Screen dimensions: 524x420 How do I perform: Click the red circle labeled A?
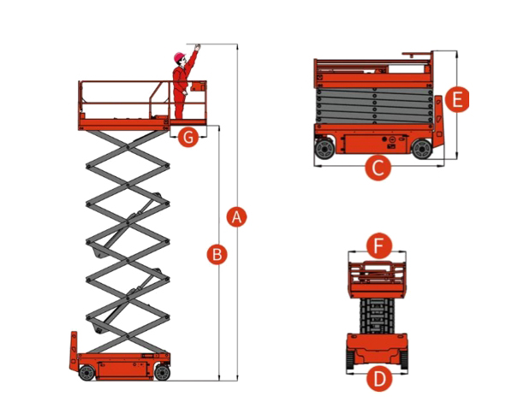(236, 217)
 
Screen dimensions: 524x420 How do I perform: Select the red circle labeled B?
(217, 254)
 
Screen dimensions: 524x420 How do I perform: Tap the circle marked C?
(378, 168)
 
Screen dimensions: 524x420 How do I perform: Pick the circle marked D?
(379, 379)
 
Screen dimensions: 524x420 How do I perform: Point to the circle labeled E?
(457, 99)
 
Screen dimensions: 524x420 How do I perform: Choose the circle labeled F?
(378, 245)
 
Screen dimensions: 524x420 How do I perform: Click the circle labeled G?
(188, 137)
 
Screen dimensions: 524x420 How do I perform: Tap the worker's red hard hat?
(179, 56)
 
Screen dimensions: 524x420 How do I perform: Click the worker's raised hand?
(198, 47)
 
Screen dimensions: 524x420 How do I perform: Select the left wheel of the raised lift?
(86, 373)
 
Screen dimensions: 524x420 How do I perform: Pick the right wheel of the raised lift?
(163, 373)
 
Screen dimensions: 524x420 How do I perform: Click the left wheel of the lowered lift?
(325, 149)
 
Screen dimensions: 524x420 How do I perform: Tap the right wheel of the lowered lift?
(422, 149)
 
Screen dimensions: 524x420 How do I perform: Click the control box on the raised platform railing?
(198, 86)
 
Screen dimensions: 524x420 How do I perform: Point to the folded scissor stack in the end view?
(377, 316)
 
